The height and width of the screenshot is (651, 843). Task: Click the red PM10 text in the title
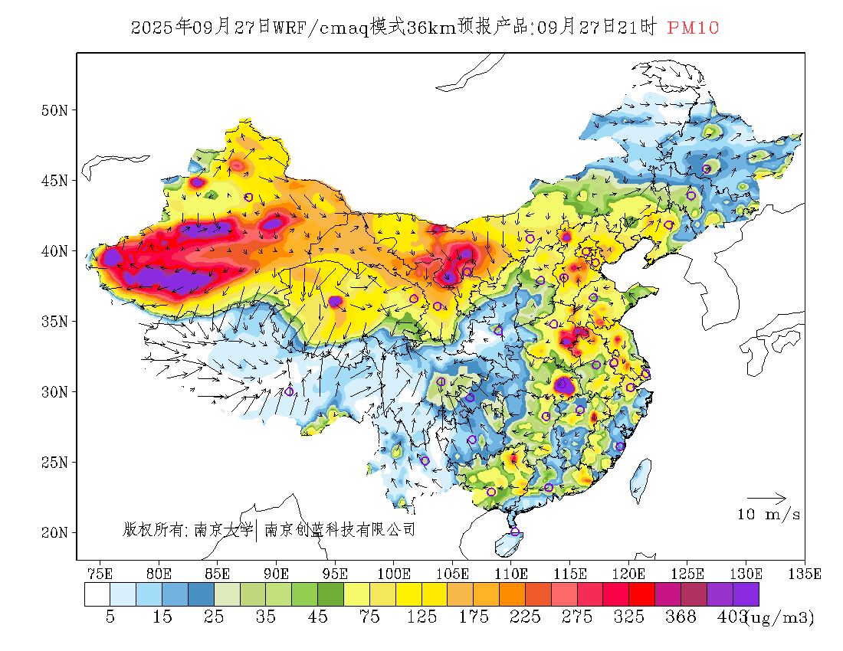click(x=693, y=28)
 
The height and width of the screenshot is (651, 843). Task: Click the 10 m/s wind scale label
click(x=769, y=515)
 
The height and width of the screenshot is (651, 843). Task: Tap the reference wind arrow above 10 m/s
click(x=766, y=499)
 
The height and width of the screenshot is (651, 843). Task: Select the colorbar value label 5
click(x=110, y=617)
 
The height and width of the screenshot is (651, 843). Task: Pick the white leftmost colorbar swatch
click(x=97, y=595)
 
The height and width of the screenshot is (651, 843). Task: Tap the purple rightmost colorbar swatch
click(x=746, y=595)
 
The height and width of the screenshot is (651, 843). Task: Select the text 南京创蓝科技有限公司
click(x=339, y=529)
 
